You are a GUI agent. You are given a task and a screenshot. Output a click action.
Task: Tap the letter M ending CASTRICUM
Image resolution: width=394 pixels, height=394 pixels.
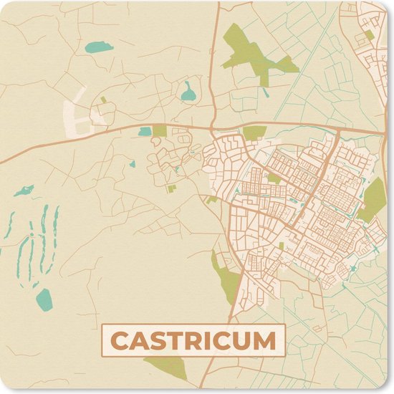point(265,340)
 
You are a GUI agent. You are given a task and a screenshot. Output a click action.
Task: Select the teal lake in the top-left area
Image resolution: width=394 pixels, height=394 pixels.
point(98,49)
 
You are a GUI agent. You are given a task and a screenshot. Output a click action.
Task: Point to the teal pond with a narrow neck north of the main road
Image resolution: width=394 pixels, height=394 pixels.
point(188,92)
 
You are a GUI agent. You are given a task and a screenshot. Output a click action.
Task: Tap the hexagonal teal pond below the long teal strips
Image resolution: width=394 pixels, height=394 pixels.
point(43,297)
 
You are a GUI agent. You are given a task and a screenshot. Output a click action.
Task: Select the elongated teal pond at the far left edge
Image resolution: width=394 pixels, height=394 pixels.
point(23,191)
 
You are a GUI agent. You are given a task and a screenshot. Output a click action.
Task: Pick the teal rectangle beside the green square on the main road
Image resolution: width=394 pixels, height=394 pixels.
point(145,131)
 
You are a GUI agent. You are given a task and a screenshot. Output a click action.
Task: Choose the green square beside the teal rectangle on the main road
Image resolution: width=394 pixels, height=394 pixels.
point(160,130)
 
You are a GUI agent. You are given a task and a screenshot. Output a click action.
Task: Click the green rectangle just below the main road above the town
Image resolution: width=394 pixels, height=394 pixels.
point(254,133)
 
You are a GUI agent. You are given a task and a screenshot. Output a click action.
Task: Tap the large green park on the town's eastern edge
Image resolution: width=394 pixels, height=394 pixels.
point(373,201)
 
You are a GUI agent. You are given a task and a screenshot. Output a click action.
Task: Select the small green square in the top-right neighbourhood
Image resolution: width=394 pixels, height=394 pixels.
point(368,34)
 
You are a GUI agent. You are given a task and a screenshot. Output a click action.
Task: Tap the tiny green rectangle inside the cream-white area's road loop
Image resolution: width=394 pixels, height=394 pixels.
point(103,100)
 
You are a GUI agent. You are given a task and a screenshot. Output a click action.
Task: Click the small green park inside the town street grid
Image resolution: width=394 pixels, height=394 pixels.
point(274,178)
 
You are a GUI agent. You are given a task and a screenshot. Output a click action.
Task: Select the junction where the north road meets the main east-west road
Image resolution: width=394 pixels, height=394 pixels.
point(213,128)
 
